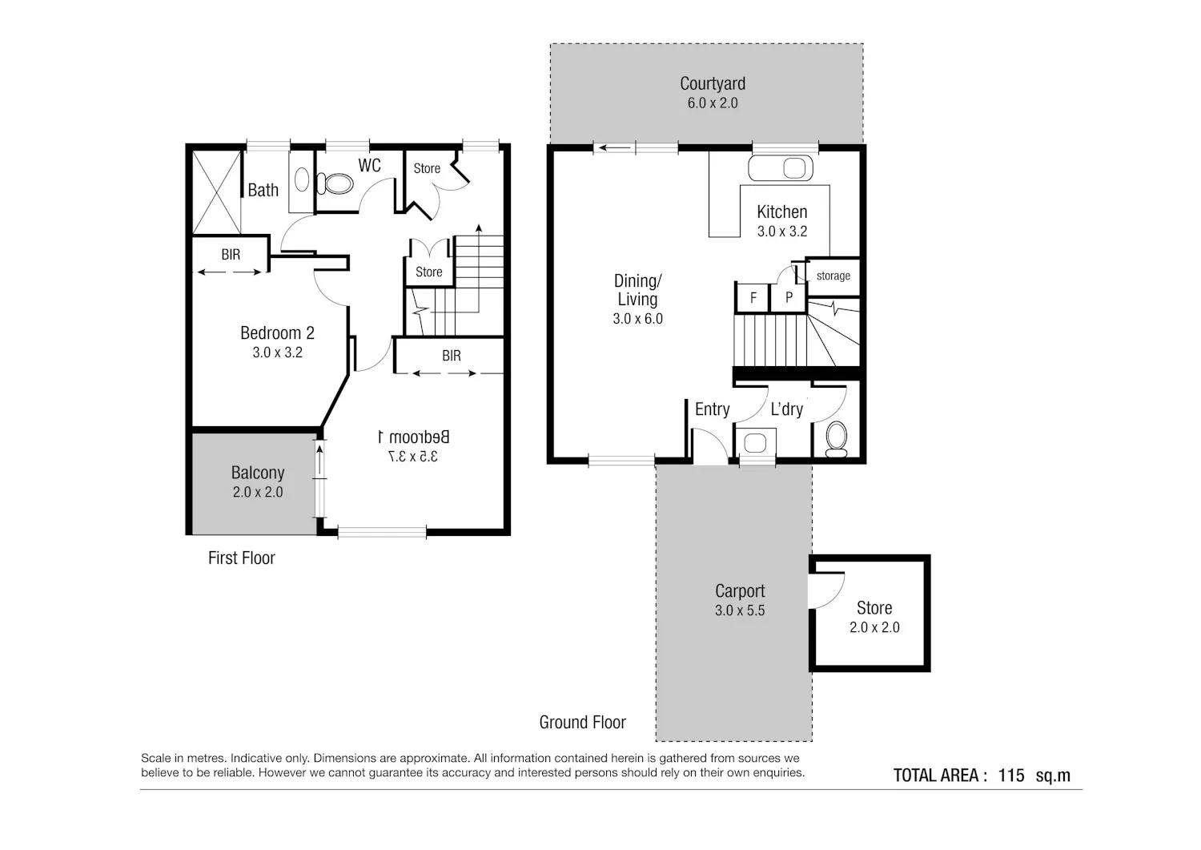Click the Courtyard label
tap(713, 83)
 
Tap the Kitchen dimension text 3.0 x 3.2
tap(782, 232)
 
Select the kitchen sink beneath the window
tap(781, 168)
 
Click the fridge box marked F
tap(753, 297)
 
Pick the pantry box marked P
tap(788, 297)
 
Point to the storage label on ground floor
tap(833, 276)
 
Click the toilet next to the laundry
tap(837, 439)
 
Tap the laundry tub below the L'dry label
tap(756, 442)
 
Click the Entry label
tap(712, 409)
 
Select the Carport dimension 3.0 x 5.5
tap(740, 610)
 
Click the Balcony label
tap(258, 473)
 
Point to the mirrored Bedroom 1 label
tap(413, 437)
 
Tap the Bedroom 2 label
tap(277, 333)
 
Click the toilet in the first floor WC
tap(335, 183)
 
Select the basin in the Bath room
tap(302, 179)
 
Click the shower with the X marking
tap(216, 192)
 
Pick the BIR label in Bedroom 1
tap(452, 355)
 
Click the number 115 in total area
tap(1011, 775)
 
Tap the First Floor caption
tap(241, 558)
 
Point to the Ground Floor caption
tap(583, 723)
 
